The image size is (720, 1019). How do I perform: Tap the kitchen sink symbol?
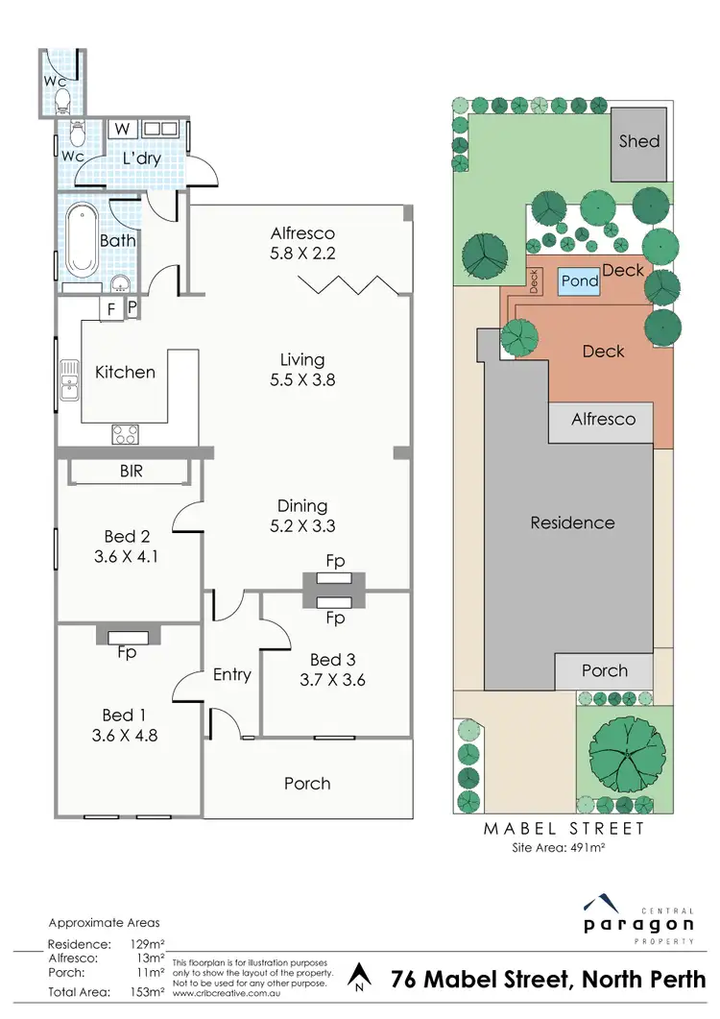(69, 379)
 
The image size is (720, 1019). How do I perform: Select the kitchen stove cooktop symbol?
(125, 434)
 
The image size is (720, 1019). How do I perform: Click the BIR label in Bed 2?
(132, 472)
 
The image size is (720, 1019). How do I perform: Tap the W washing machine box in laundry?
(122, 129)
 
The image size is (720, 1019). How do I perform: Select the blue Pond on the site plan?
(579, 281)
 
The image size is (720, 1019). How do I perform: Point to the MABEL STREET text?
(562, 828)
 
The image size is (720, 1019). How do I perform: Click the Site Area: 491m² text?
(562, 848)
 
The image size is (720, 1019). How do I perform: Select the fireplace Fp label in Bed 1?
(126, 652)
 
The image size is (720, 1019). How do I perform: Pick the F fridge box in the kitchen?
(110, 309)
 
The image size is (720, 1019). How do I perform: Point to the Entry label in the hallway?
(231, 675)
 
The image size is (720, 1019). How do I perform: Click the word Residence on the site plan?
(572, 523)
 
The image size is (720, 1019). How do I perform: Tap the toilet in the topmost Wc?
(60, 99)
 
